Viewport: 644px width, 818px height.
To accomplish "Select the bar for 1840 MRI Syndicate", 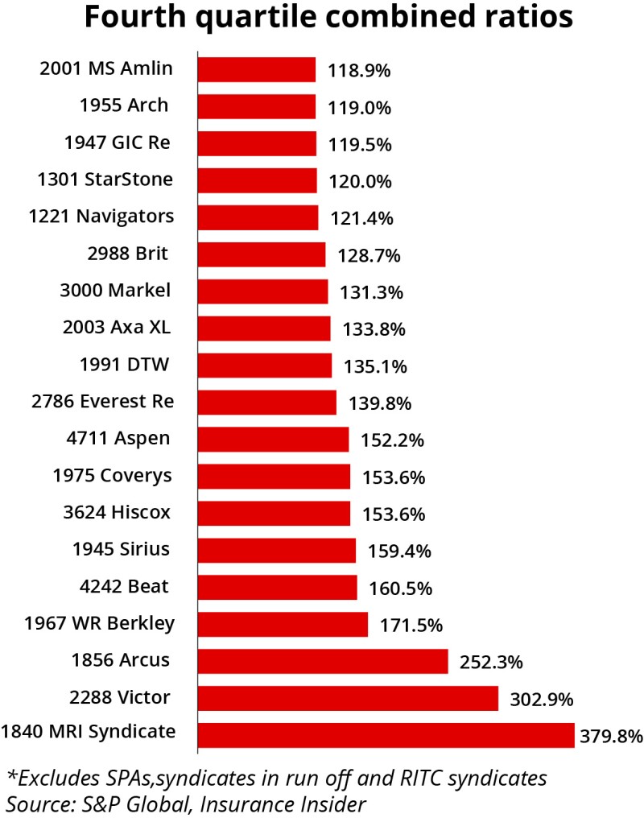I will click(386, 735).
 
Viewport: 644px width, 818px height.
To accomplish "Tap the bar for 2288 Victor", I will click(348, 698).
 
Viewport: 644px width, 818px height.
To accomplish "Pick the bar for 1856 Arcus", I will click(322, 661).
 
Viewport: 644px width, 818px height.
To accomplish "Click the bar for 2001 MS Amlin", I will click(256, 70).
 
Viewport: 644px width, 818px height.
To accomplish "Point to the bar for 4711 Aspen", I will click(273, 440).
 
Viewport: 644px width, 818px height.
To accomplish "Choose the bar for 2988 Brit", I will click(261, 254).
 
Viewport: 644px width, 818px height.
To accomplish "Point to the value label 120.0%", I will click(359, 181).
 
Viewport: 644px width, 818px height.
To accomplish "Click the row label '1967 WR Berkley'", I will click(100, 623).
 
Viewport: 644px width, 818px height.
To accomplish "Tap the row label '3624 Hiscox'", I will click(117, 512).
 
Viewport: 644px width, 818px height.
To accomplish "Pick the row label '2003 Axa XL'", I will click(117, 327).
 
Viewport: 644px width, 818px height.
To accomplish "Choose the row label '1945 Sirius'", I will click(121, 549).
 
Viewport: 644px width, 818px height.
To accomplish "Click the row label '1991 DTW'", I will click(125, 364).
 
